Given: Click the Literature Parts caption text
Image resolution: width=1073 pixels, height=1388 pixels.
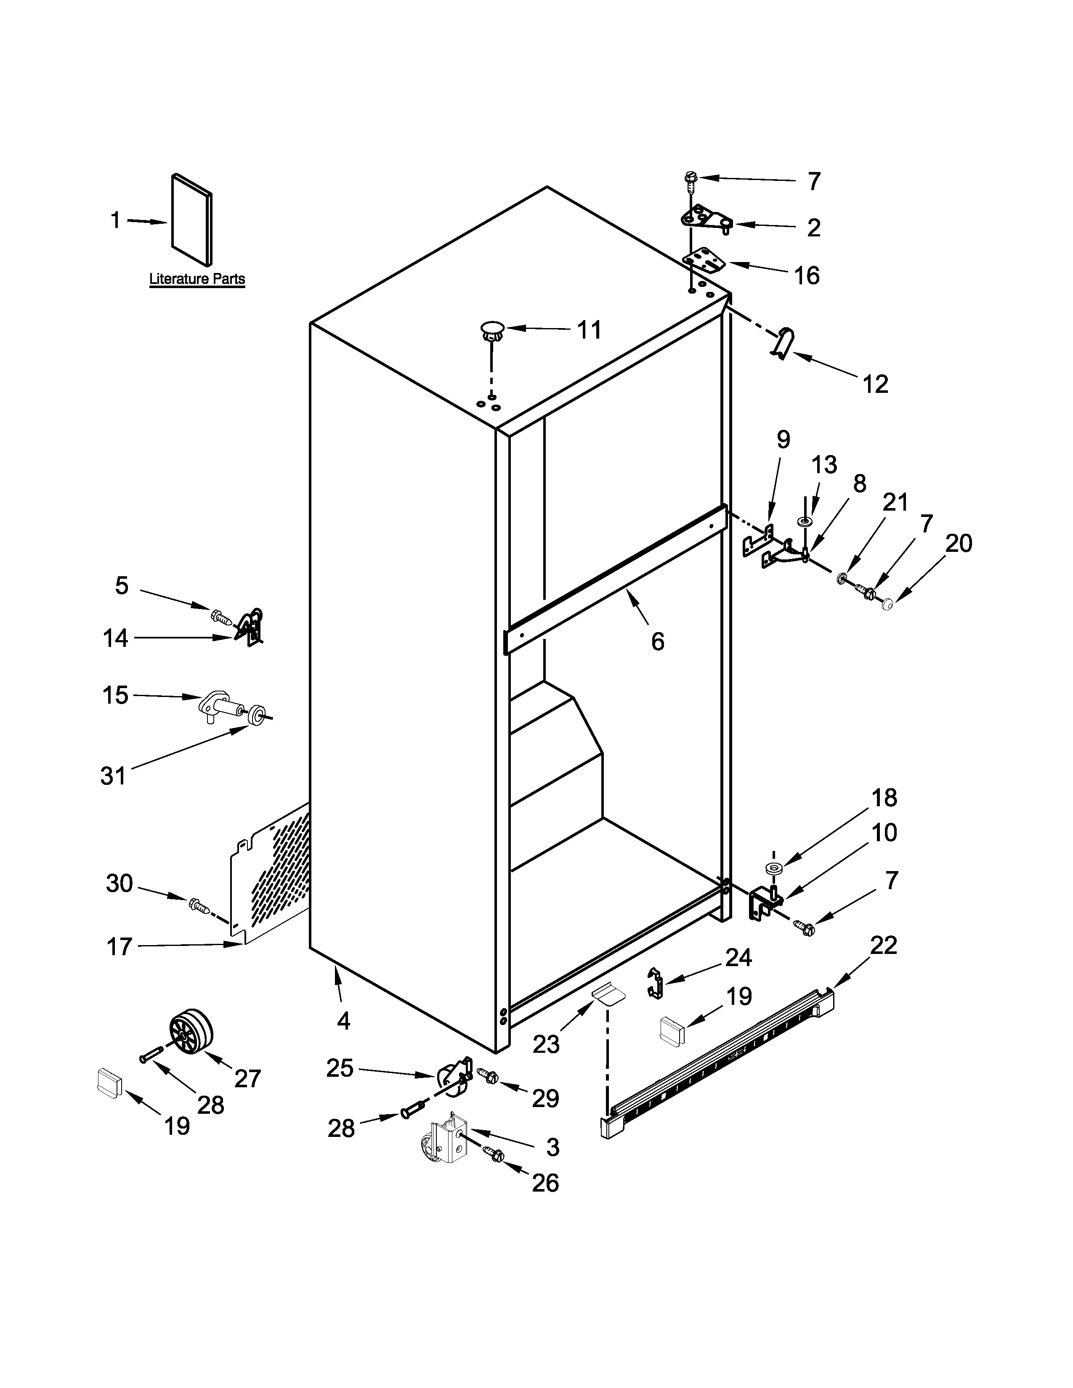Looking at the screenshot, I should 197,278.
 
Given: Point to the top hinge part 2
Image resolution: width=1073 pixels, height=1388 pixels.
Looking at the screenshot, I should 706,219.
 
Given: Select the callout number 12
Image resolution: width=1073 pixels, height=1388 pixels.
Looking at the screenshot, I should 875,384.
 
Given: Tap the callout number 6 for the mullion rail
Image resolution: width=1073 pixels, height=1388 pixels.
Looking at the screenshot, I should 657,641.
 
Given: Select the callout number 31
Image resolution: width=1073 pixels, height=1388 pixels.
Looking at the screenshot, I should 113,775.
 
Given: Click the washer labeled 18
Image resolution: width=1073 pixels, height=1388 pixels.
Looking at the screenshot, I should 774,868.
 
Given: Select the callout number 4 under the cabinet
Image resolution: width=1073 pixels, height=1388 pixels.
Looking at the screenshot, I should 343,1021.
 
